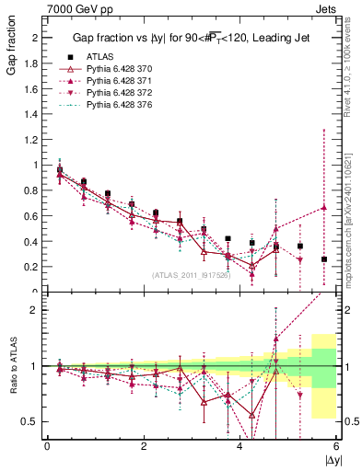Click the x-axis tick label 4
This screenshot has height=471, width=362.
[240, 446]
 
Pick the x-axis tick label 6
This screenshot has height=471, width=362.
[337, 446]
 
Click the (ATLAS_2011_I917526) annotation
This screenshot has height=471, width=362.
[191, 275]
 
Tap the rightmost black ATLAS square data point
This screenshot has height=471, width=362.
[324, 259]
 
